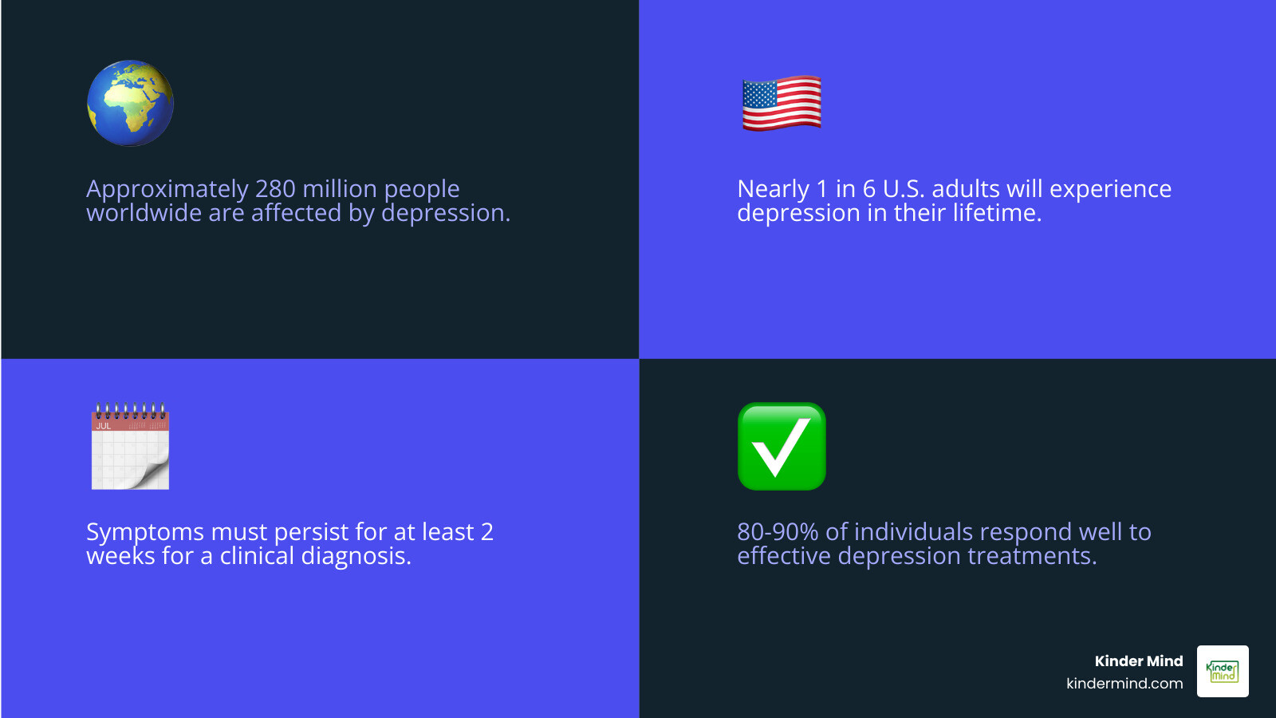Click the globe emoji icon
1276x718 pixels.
coord(130,103)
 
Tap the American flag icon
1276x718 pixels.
coord(782,103)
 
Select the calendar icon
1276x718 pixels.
coord(130,447)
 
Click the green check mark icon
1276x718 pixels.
coord(782,447)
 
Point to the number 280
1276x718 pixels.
coord(275,189)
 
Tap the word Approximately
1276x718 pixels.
coord(167,189)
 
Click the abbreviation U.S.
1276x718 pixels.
coord(903,189)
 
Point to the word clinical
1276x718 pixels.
coord(257,556)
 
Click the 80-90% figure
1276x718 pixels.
coord(778,532)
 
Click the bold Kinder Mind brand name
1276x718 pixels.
coord(1138,661)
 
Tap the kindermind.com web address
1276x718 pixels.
coord(1124,684)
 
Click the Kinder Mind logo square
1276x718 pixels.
coord(1223,672)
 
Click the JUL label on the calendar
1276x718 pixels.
coord(104,426)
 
